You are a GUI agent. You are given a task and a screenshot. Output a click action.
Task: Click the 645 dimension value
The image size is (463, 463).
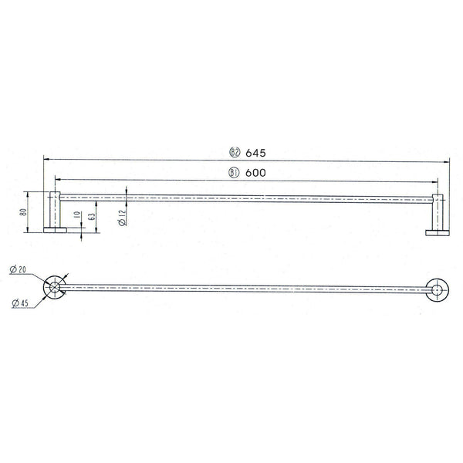[255, 153]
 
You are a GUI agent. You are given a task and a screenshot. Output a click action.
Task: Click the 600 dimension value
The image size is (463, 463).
[255, 173]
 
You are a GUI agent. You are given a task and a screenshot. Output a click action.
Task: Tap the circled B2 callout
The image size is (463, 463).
[235, 152]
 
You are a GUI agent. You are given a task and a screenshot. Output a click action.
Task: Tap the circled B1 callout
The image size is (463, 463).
[234, 173]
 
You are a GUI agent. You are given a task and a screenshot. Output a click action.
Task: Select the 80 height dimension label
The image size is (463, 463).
[23, 211]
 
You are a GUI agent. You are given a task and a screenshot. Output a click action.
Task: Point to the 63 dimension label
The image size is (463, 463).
[92, 217]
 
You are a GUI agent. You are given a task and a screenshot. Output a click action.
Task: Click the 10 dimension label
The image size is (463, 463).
[77, 215]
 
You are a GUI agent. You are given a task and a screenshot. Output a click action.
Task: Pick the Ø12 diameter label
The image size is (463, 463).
[122, 218]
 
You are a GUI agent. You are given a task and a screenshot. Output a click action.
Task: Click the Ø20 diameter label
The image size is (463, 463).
[18, 269]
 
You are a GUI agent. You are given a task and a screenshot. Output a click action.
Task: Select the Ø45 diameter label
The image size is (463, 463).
[20, 302]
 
